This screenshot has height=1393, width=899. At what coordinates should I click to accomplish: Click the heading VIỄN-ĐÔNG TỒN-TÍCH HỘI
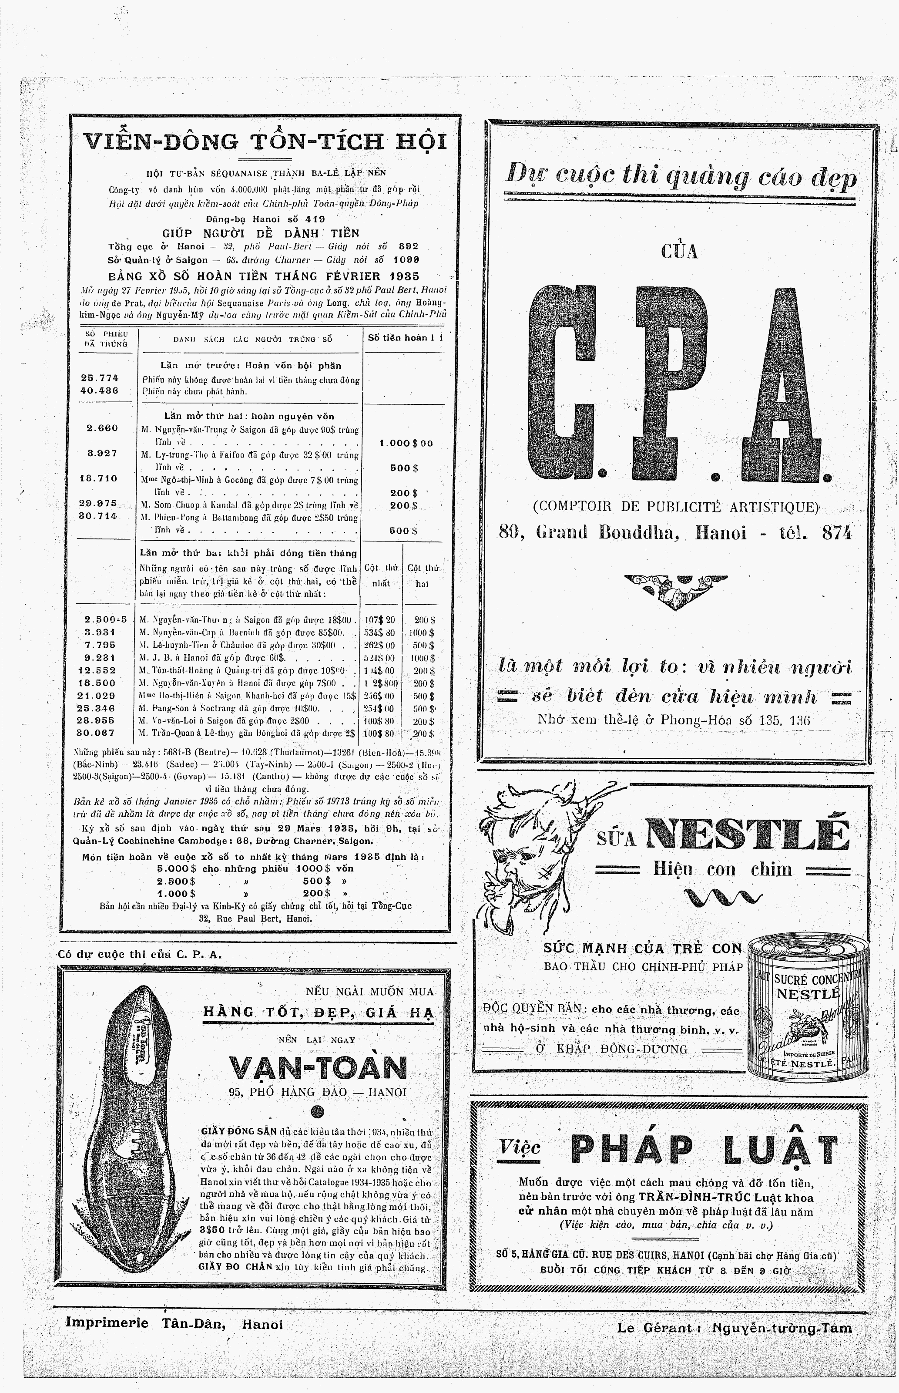[265, 142]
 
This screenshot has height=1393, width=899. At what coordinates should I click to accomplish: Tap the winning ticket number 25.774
[100, 378]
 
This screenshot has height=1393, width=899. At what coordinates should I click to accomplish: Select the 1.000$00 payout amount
[406, 443]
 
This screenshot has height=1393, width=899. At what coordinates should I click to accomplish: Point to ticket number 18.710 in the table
[99, 478]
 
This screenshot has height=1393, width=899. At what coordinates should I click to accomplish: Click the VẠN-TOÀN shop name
[318, 1068]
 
